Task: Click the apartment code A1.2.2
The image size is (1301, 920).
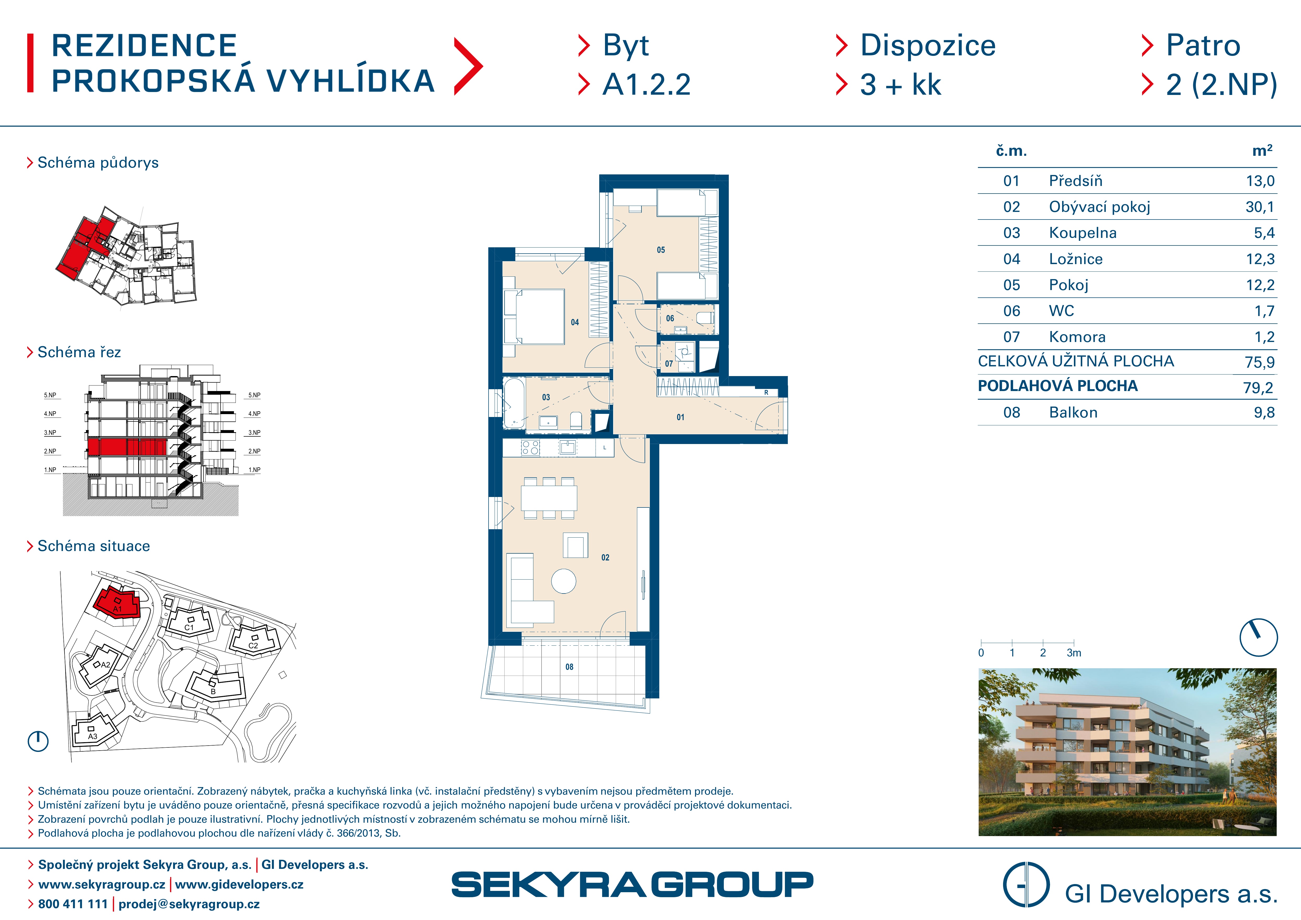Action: (646, 85)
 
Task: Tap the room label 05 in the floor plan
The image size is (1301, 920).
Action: (661, 250)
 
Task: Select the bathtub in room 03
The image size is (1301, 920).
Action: (514, 403)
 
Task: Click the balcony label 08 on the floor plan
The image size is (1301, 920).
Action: (570, 667)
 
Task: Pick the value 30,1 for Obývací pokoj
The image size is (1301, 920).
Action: (1260, 207)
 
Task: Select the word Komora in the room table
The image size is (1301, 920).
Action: (1077, 337)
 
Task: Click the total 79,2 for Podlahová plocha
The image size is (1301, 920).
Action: (1259, 388)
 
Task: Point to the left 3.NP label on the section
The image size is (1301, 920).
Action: (50, 433)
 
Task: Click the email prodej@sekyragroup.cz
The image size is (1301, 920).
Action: (189, 904)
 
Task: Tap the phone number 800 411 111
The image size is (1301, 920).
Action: (73, 904)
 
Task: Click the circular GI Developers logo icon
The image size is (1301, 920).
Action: (1026, 884)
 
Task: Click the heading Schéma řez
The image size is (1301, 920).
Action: (79, 352)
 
